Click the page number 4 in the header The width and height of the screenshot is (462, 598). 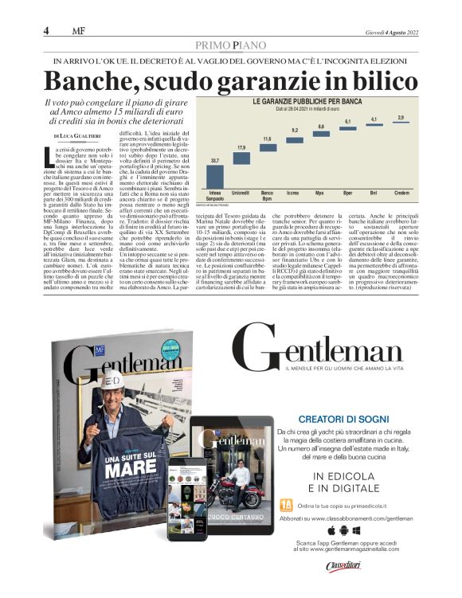(x=47, y=30)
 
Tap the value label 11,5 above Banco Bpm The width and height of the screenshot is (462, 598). (x=268, y=139)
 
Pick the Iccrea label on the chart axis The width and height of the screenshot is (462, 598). (x=294, y=193)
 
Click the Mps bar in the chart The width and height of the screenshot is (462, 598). (x=320, y=133)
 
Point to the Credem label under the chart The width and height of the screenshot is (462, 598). (x=401, y=193)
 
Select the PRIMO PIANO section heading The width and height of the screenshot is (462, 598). (x=231, y=45)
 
